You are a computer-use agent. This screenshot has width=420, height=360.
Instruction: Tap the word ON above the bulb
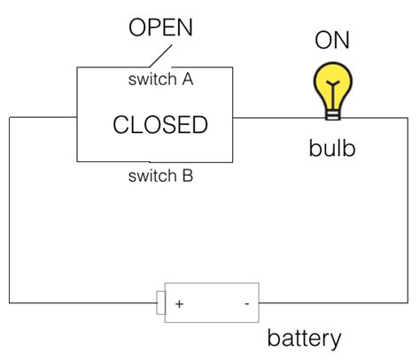pos(333,40)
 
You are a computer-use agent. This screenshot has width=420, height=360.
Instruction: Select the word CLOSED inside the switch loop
pos(160,125)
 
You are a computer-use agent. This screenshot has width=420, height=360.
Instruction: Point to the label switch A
pos(161,79)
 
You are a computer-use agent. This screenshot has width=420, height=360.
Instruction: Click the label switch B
pos(160,176)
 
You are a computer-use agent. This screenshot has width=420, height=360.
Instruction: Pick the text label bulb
pos(332,147)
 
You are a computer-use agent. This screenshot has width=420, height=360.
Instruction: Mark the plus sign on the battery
pos(179,303)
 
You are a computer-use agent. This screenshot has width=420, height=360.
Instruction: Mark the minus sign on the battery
pos(246,303)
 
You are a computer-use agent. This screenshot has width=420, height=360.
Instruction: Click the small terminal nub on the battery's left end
pos(160,302)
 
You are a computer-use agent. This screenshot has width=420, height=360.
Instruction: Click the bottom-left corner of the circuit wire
pos(10,302)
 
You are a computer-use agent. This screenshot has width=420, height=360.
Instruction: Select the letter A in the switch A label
pos(188,79)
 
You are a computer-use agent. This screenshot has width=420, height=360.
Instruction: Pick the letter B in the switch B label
pos(187,176)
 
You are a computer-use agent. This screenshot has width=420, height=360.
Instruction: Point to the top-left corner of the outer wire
pos(10,117)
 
